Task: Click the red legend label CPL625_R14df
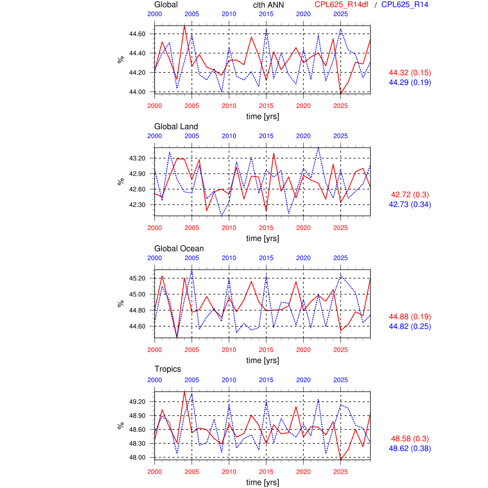coord(341,4)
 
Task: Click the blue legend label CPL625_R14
coord(405,4)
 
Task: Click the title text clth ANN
coord(268,5)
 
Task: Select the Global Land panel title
coord(176,126)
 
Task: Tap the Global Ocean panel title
coord(179,248)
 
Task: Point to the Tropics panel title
coord(168,369)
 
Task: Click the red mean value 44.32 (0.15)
coord(410,72)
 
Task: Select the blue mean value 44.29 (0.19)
coord(410,82)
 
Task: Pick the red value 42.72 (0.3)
coord(410,194)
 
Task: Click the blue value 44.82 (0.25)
coord(410,326)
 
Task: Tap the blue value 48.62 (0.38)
coord(410,448)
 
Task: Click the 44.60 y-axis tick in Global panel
coord(137,34)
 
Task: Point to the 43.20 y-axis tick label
coord(137,158)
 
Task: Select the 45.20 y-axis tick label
coord(137,278)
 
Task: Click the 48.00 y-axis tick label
coord(137,457)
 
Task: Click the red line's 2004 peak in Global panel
coord(185,26)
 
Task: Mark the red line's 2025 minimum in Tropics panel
coord(341,460)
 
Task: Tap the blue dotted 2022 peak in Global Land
coord(318,148)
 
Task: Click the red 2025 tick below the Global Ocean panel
coord(341,350)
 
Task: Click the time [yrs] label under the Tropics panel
coord(263,482)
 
